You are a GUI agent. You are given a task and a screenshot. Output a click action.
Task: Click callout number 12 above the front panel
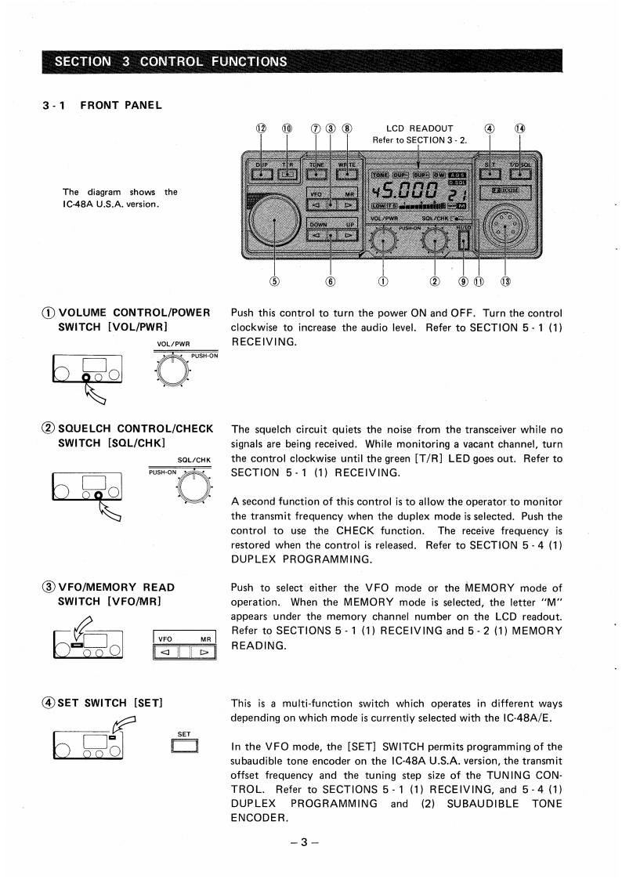click(261, 128)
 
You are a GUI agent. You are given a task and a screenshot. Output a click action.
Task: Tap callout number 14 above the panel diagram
click(519, 128)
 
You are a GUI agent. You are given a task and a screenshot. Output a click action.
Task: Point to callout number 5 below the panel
click(274, 281)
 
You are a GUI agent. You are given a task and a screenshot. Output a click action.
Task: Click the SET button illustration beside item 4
click(185, 746)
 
